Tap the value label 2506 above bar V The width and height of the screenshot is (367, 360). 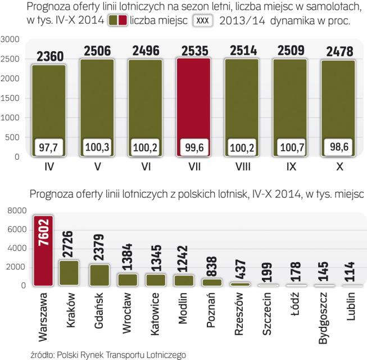click(x=97, y=51)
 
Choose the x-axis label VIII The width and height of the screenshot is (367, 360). click(x=242, y=168)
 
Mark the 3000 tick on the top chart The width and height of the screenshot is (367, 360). click(x=11, y=39)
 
